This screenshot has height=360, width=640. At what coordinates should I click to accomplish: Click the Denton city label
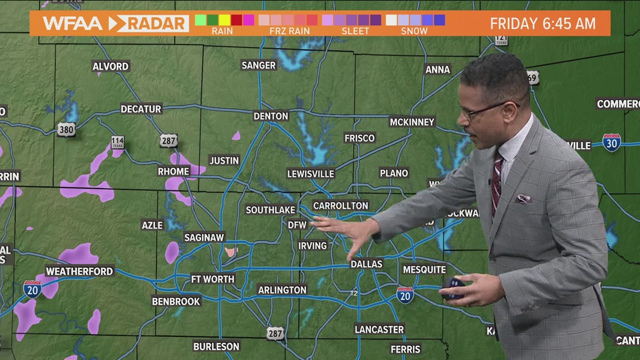271,116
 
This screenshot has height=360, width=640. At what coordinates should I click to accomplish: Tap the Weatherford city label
79,271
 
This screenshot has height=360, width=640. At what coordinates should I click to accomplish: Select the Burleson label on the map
216,347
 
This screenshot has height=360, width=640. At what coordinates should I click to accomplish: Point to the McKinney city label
412,122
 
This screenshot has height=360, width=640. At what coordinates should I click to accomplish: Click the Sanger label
259,65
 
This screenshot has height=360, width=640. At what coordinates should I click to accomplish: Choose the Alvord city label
111,66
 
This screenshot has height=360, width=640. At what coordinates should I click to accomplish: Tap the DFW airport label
298,225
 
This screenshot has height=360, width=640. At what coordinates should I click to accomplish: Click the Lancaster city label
379,329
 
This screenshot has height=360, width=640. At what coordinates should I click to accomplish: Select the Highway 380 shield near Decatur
66,129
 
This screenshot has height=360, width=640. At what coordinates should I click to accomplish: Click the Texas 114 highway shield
117,142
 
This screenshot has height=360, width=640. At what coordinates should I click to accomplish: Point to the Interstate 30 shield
611,142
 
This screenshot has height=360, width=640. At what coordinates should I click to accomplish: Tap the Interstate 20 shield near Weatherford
33,289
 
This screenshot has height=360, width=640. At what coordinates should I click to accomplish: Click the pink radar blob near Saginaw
231,252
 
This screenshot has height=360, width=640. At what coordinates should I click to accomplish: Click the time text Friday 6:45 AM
542,24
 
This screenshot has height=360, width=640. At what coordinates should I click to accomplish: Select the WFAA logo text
72,24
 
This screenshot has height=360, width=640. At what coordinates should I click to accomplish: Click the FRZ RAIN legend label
290,31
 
